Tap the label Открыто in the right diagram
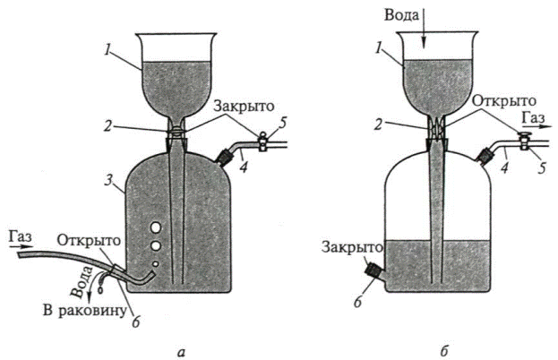pos(506,101)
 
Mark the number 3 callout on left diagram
pos(108,183)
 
